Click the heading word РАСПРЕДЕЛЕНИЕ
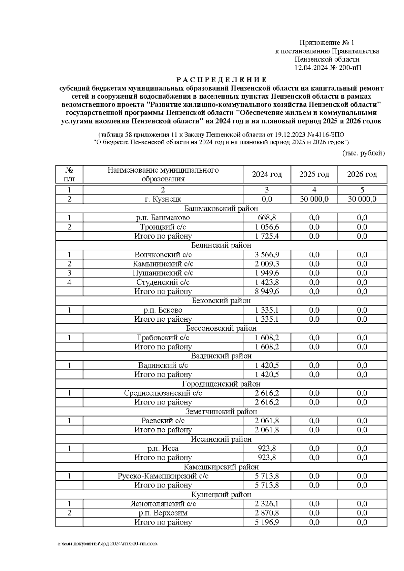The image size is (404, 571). coord(221,80)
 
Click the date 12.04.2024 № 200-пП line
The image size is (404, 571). coord(328,68)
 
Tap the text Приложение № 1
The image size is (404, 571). coord(327,43)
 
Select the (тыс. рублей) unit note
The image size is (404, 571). coord(363,153)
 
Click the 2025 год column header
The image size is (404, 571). coord(314,174)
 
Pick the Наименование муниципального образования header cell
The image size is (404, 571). coord(163,174)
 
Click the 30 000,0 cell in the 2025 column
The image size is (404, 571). coord(314,199)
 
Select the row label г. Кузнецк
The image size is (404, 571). coord(163,199)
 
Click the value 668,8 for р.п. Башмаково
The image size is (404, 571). coord(267,218)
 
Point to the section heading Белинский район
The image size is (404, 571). coord(221,245)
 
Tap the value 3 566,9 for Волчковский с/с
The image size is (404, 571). coord(267,255)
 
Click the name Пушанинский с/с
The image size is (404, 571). coord(163,273)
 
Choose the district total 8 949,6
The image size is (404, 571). coord(267,291)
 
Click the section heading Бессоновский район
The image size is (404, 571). coord(221,328)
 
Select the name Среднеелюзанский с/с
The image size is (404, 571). coord(163,393)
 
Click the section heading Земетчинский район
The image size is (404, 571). coord(221,412)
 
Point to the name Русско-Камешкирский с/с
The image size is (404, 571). coord(163,476)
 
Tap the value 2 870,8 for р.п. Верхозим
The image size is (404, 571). coord(267,513)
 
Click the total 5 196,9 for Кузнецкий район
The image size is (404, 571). coord(267,522)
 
